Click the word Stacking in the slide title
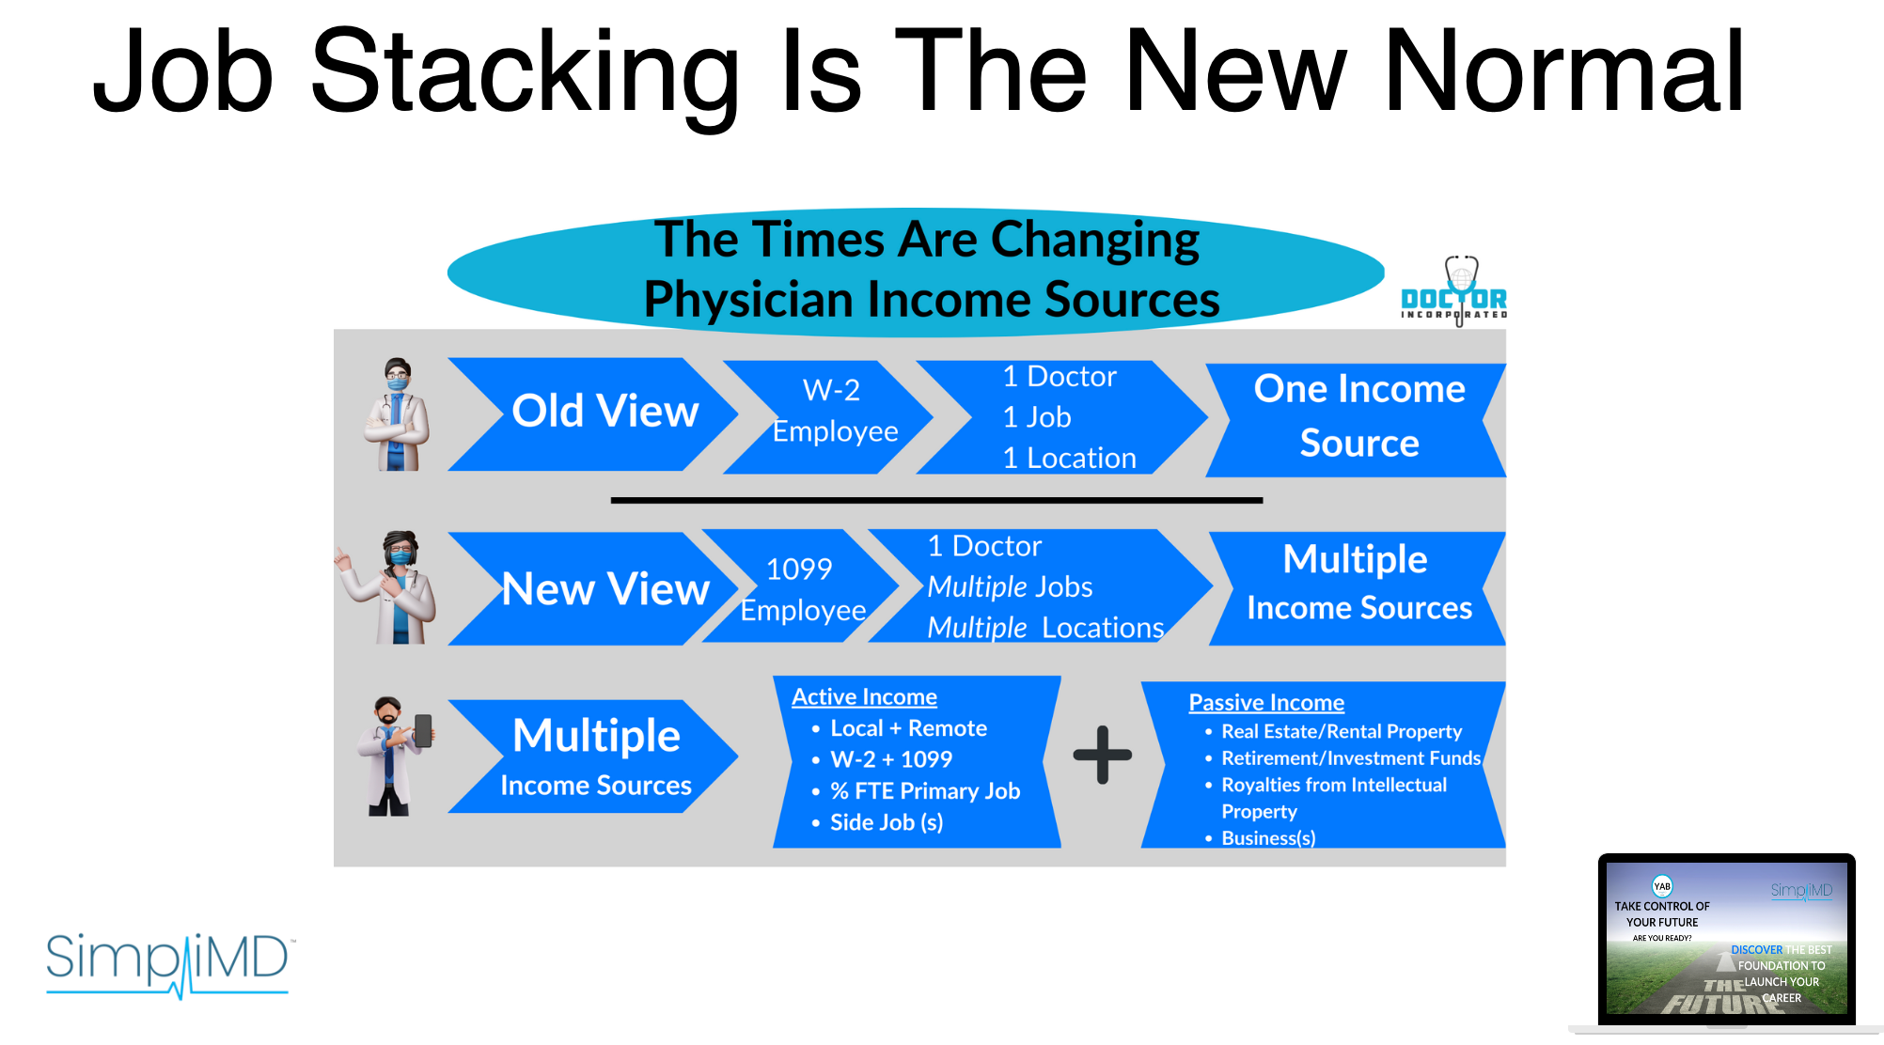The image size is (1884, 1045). click(525, 73)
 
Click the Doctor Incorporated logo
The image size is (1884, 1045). click(1453, 290)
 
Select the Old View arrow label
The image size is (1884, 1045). click(604, 412)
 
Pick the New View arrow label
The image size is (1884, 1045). click(604, 589)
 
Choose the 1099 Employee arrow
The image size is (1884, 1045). click(802, 587)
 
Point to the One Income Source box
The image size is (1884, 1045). click(1357, 418)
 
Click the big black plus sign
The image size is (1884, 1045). click(1102, 755)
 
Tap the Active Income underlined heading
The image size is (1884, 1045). click(864, 697)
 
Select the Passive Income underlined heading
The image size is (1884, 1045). click(1266, 703)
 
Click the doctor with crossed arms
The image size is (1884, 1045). click(398, 414)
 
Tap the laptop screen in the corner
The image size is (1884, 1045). click(1726, 938)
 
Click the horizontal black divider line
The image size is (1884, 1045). click(936, 501)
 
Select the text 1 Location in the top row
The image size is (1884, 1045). click(1069, 458)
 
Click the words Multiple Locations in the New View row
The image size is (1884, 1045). click(1045, 628)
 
